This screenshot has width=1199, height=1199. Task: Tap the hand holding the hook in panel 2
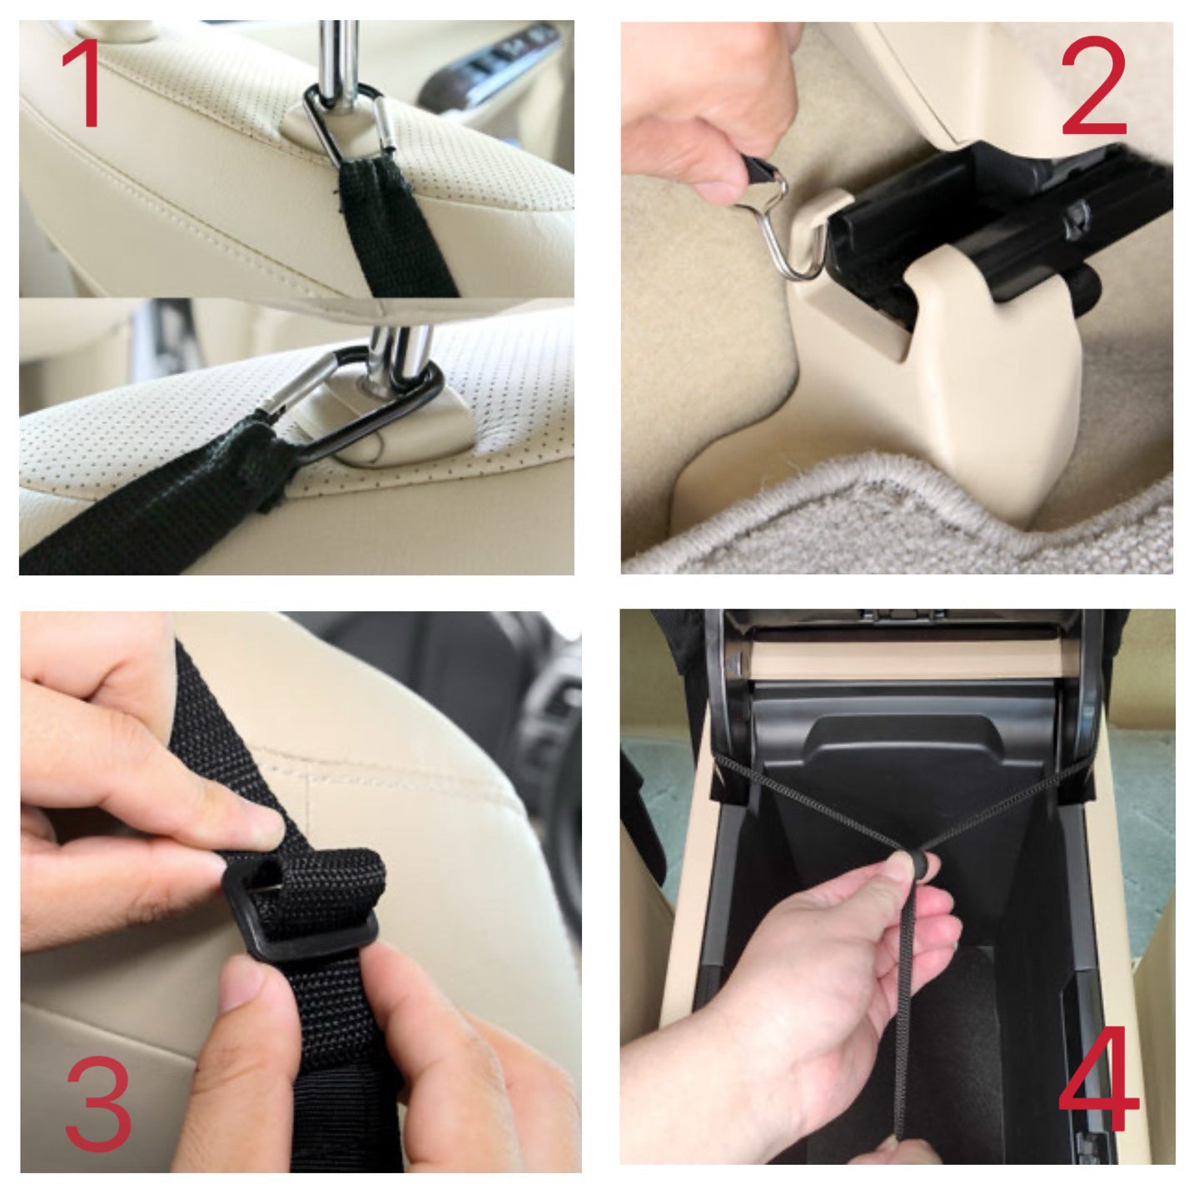(708, 108)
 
